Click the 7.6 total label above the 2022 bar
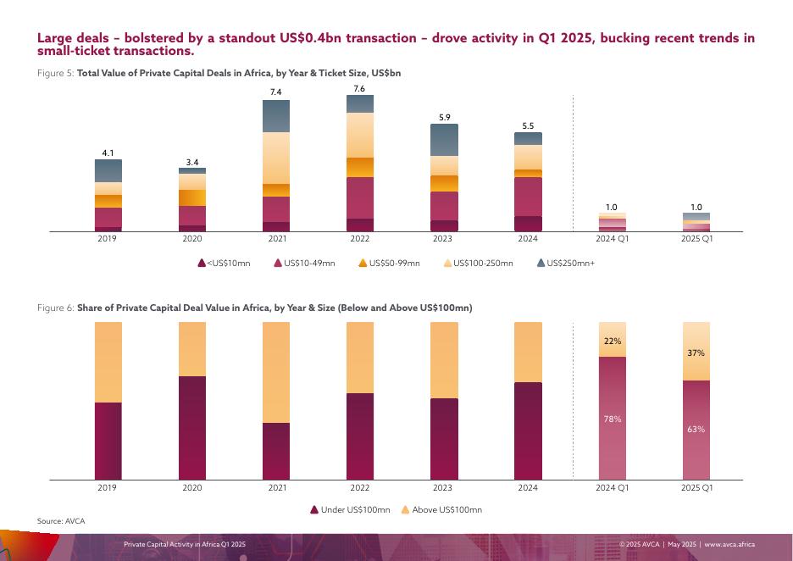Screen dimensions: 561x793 [x=359, y=89]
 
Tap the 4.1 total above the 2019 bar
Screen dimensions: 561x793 [x=108, y=153]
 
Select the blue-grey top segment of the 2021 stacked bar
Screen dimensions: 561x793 [x=276, y=116]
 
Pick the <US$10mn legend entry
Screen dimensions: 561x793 [x=224, y=263]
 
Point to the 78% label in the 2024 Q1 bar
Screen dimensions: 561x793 [x=613, y=419]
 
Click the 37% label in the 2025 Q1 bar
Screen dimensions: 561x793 [x=696, y=353]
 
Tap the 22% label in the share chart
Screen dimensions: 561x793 [x=613, y=342]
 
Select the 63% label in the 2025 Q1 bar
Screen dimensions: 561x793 [x=696, y=429]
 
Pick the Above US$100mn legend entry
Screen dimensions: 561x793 [x=441, y=509]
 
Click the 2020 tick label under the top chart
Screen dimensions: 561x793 [x=192, y=239]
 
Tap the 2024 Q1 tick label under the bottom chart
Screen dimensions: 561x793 [x=613, y=487]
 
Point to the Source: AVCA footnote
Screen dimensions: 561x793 [x=61, y=520]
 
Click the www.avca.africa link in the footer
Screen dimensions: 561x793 [x=729, y=543]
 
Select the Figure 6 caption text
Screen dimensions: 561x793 [x=255, y=308]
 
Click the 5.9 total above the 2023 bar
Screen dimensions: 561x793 [x=444, y=118]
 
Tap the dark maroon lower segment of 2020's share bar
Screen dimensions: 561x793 [x=192, y=428]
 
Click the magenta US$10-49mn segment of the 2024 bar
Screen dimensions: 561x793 [x=528, y=197]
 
